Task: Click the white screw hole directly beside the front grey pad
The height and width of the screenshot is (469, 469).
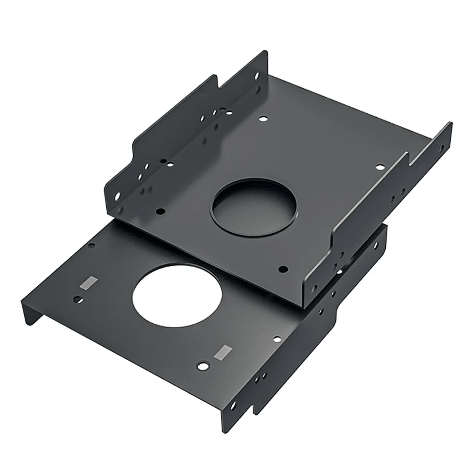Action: tap(202, 367)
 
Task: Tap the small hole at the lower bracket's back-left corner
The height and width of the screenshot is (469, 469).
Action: tap(91, 246)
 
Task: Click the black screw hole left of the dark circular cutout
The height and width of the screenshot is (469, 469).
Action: tap(159, 211)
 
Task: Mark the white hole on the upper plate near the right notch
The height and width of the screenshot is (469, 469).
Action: tap(379, 167)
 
